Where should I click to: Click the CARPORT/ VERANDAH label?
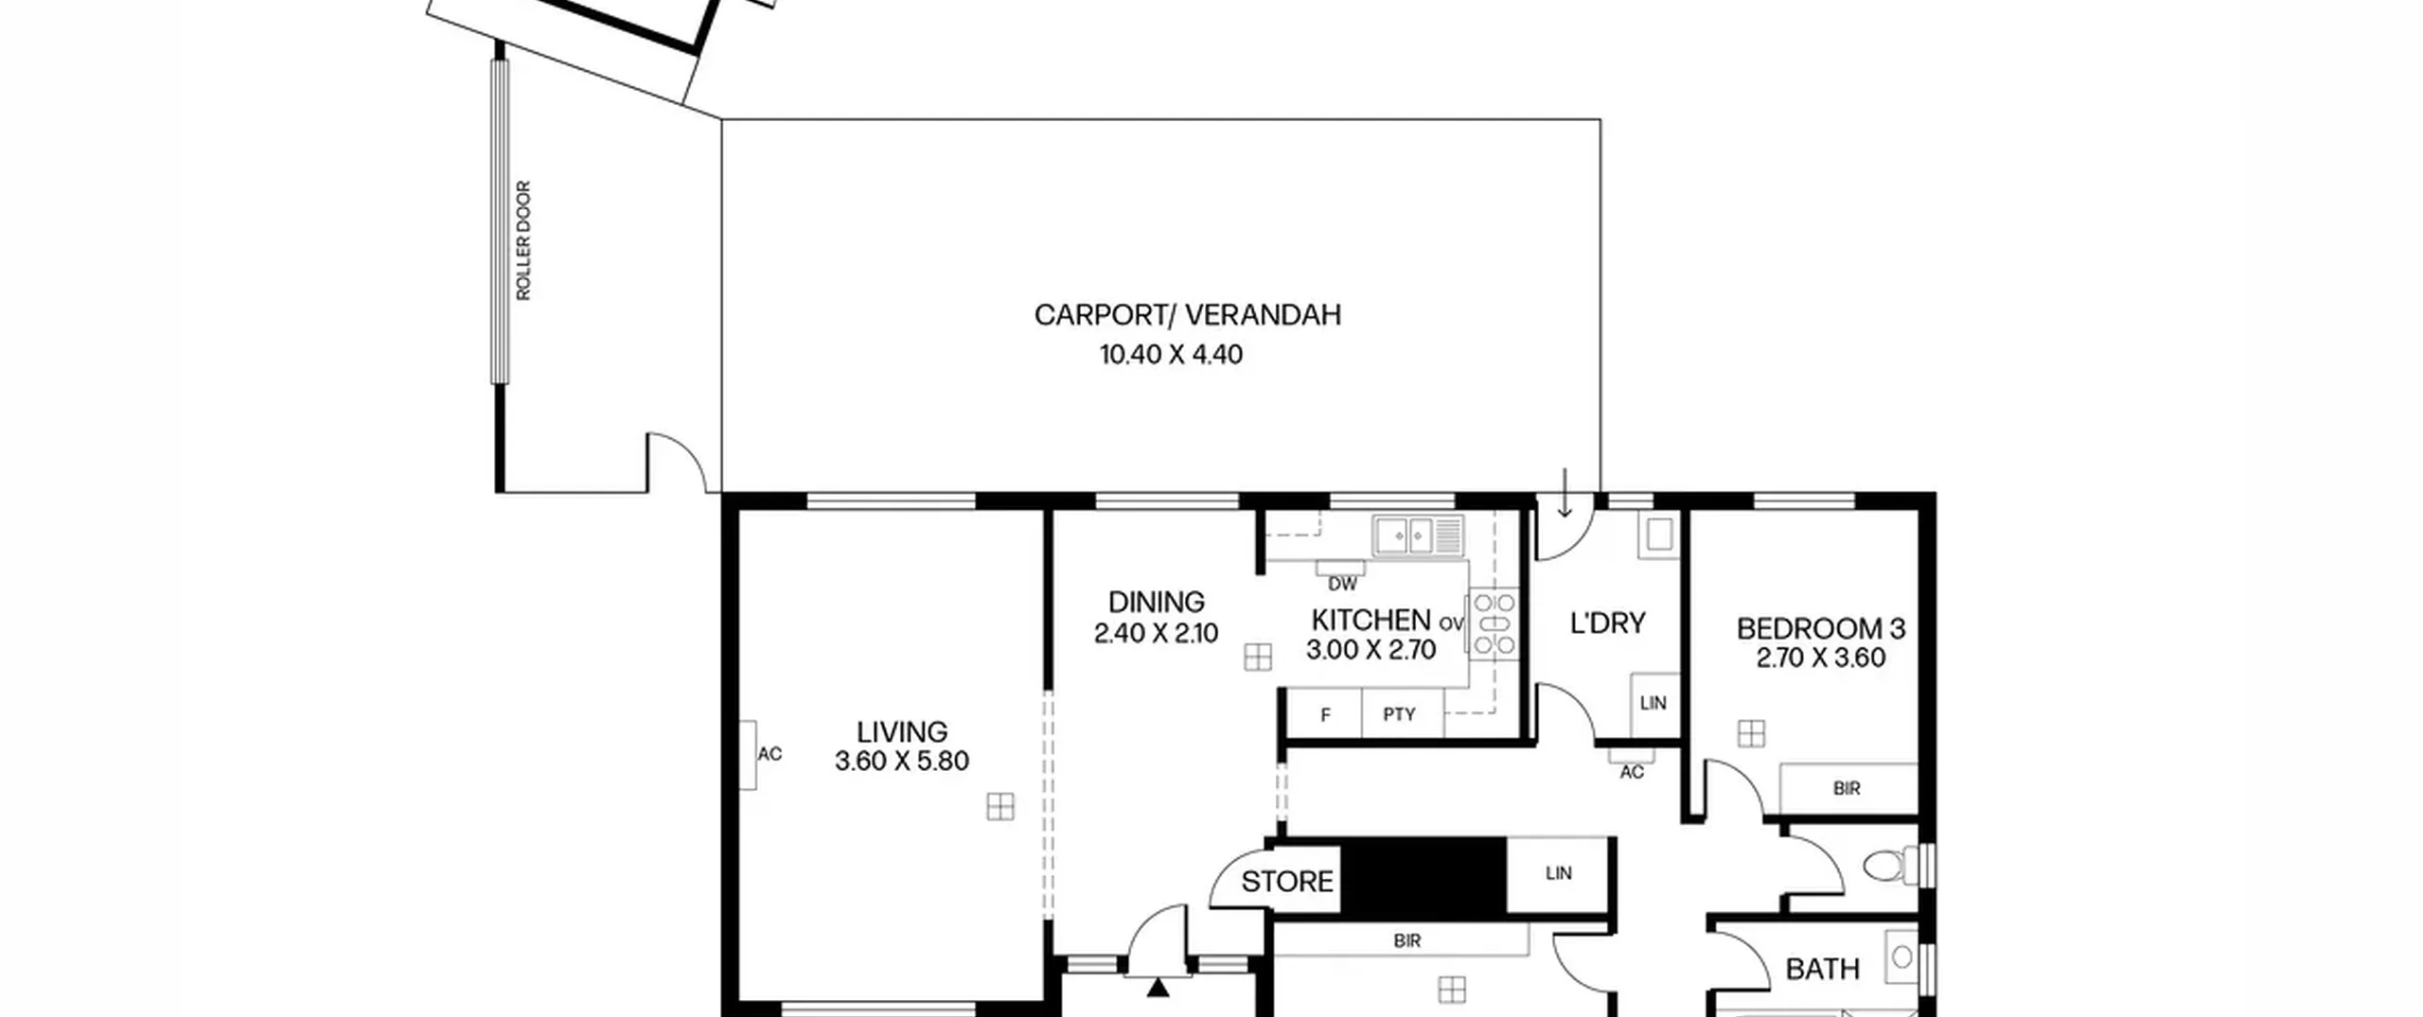click(1187, 315)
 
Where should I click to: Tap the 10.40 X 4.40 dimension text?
click(1171, 355)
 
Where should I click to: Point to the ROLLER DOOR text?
click(523, 240)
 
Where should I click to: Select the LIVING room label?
click(901, 731)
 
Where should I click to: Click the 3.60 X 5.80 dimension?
click(901, 761)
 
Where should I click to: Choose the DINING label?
click(1156, 602)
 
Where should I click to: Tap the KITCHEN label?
click(1371, 620)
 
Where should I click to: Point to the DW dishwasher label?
click(1342, 584)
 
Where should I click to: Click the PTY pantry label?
click(1399, 714)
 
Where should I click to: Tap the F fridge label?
click(1325, 715)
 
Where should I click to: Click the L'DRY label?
click(1607, 623)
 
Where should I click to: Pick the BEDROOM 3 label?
click(1820, 628)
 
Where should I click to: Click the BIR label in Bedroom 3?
click(1847, 788)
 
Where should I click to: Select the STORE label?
click(1287, 882)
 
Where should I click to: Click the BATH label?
click(1822, 969)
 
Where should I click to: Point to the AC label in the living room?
click(769, 754)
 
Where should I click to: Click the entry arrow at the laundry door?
click(1565, 492)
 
